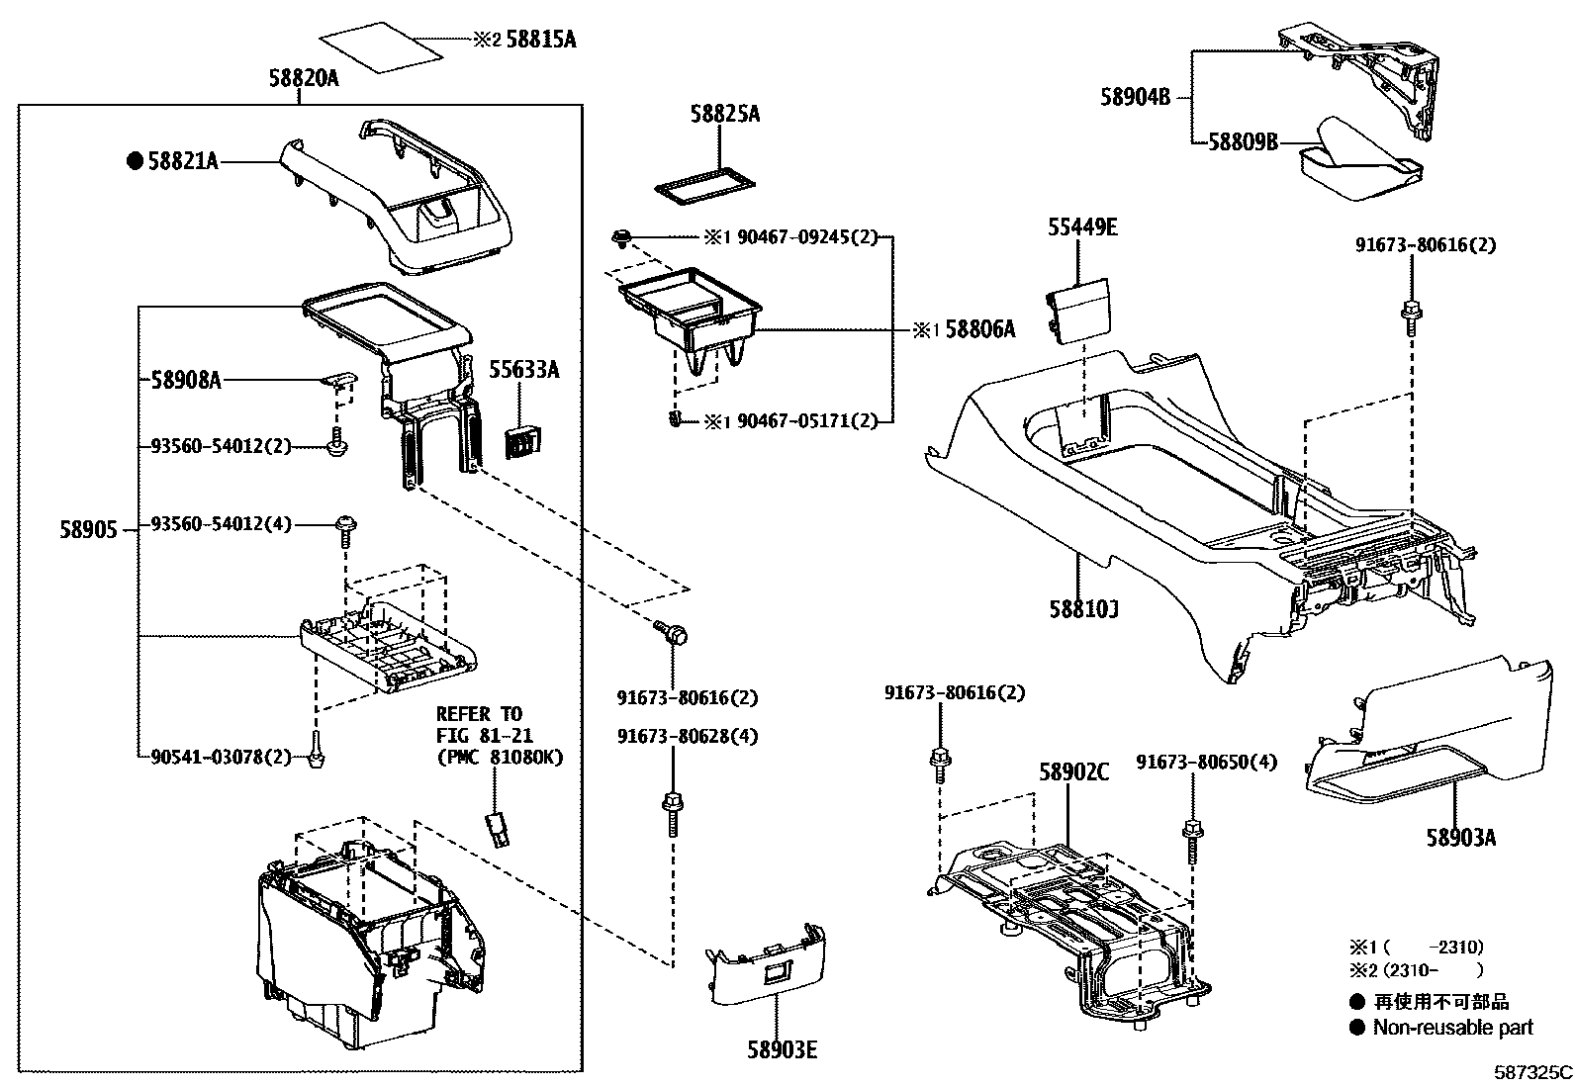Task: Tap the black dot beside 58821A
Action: tap(135, 162)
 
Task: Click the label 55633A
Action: tap(523, 370)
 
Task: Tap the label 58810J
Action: tap(1084, 609)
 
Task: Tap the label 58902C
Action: tap(1074, 772)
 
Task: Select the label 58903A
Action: tap(1460, 838)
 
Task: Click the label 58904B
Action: tap(1135, 97)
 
